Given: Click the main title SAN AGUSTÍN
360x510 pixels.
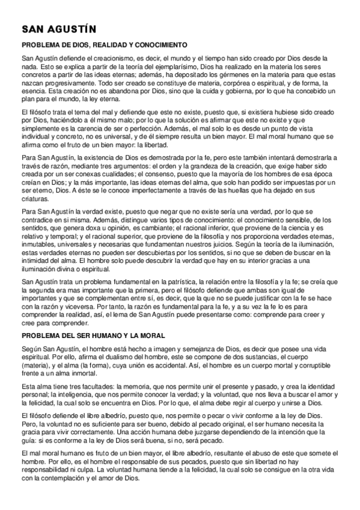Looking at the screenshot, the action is (58, 29).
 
